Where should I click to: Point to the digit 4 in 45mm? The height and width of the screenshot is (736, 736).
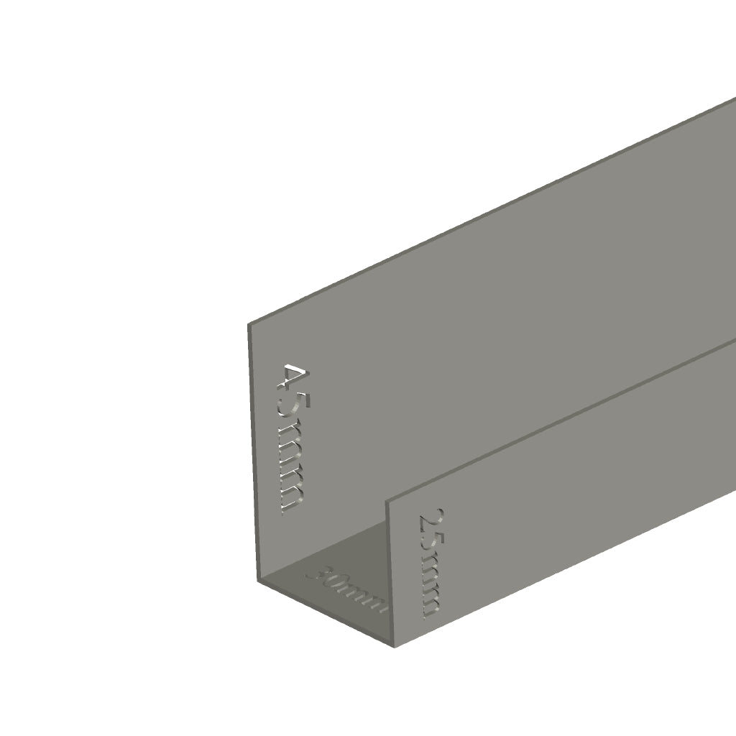(x=293, y=378)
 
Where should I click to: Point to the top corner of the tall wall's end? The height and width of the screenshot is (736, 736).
(x=249, y=325)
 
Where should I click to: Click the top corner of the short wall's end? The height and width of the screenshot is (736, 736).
(x=390, y=500)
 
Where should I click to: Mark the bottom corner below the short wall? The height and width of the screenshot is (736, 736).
(x=395, y=646)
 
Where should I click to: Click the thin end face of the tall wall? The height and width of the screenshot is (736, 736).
(x=253, y=453)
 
